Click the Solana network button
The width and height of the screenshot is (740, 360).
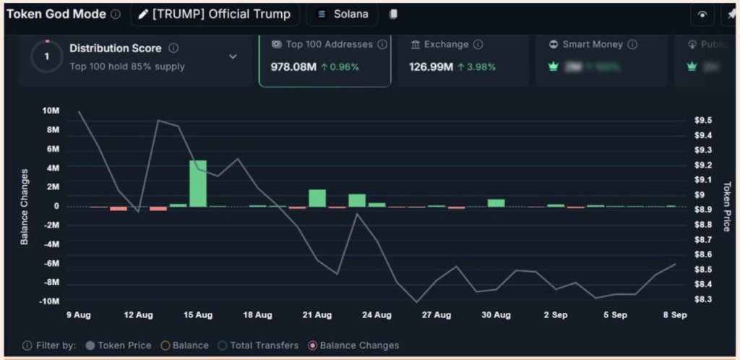pos(342,14)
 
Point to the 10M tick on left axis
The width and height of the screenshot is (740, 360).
pos(51,111)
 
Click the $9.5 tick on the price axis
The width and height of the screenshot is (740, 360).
pos(703,120)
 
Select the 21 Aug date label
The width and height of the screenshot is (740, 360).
pos(317,315)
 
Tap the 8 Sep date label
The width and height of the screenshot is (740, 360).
pos(675,315)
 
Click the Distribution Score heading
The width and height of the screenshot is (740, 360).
pos(116,48)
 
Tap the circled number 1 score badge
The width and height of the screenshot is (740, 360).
pos(48,56)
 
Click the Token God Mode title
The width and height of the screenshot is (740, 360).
pos(56,14)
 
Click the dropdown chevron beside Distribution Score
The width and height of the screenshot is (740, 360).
pos(233,56)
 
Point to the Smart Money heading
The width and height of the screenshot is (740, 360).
pos(592,45)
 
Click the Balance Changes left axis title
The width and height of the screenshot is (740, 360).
pos(24,207)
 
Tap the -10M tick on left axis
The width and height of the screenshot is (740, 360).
pos(49,301)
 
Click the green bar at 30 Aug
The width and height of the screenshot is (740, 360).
pos(496,202)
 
